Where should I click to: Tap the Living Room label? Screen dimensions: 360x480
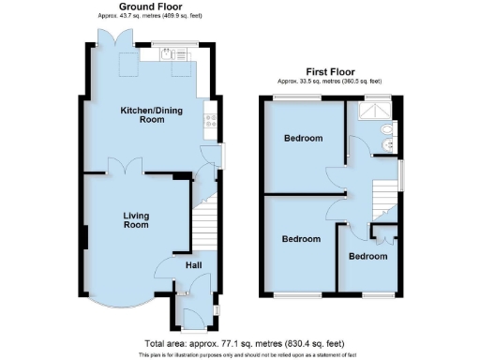(136, 220)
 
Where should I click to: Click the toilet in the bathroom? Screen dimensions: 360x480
(386, 145)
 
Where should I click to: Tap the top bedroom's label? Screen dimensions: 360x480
(303, 139)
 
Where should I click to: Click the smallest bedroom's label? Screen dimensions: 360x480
(367, 256)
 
